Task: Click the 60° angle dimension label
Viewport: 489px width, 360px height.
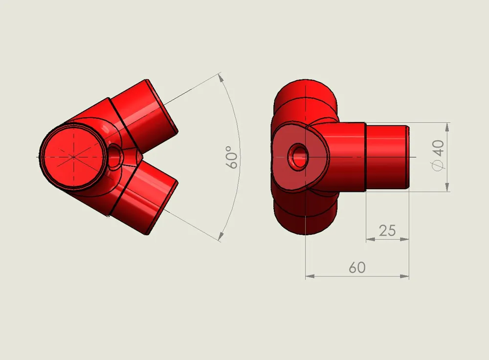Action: click(x=233, y=157)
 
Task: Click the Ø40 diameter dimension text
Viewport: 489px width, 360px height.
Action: click(x=438, y=156)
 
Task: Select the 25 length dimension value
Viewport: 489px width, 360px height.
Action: click(x=387, y=230)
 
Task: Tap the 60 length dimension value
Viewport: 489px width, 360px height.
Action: click(x=357, y=268)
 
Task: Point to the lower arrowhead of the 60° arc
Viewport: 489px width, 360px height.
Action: click(x=221, y=236)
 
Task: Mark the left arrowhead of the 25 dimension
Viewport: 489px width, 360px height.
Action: click(x=370, y=239)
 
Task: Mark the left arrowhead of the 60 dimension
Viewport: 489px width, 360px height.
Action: click(x=310, y=276)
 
